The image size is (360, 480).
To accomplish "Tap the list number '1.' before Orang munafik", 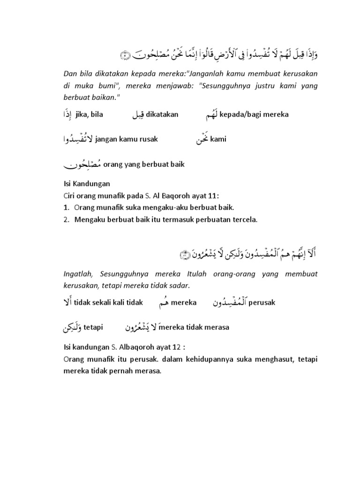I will tap(67, 207).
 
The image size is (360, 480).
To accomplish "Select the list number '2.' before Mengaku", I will tap(67, 218).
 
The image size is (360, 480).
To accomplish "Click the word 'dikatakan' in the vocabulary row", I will tap(162, 114).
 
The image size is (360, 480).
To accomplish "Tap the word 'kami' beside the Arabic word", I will tap(218, 139).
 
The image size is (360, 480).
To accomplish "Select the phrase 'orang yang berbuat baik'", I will tap(143, 164).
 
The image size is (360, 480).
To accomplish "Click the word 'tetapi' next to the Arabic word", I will tap(94, 327).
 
